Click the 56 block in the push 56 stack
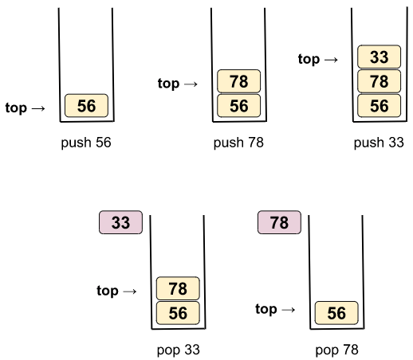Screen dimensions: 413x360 point(86,105)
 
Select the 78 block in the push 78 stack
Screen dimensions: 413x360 point(238,81)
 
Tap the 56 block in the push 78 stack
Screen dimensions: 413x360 point(238,105)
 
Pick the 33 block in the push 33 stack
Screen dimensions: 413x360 point(379,57)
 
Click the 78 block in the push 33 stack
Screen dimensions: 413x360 point(379,81)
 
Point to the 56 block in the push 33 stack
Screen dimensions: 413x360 point(379,105)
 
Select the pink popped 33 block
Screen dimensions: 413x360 point(120,222)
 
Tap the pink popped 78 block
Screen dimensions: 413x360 point(279,222)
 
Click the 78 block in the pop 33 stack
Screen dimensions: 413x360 point(178,288)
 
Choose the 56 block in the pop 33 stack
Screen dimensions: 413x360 point(178,313)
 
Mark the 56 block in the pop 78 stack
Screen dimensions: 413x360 point(336,313)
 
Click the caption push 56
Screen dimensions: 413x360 point(86,143)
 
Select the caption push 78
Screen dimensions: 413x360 point(238,143)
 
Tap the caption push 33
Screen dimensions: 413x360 point(379,143)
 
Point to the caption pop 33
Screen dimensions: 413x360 point(178,350)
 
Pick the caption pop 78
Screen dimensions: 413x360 point(336,350)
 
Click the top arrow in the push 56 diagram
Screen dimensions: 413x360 point(38,108)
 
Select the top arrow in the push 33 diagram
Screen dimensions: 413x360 point(331,60)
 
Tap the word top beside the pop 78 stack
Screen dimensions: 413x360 point(266,309)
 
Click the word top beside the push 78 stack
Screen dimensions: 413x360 point(168,84)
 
